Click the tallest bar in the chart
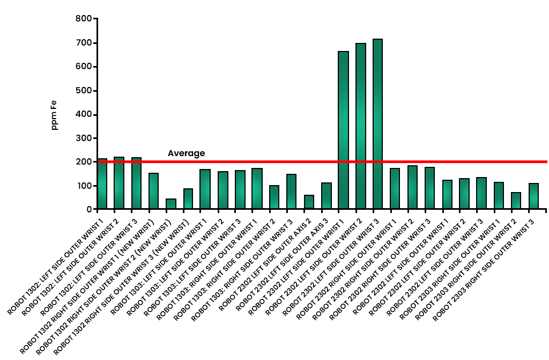[378, 123]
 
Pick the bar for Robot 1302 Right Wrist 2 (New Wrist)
[171, 204]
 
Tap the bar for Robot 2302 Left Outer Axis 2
[309, 202]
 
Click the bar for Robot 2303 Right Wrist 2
[516, 201]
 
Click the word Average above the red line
[186, 153]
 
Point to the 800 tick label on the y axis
[83, 19]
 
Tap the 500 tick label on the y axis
[83, 91]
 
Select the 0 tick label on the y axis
[88, 209]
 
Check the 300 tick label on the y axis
[83, 138]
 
